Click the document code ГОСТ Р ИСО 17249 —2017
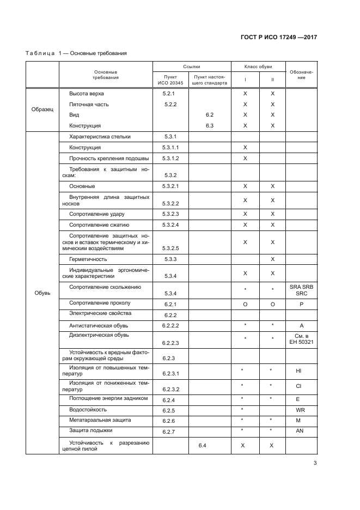tap(279, 38)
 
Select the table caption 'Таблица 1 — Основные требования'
tap(77, 53)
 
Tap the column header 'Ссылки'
tap(191, 66)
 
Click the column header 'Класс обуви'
tap(258, 66)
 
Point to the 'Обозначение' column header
tap(301, 75)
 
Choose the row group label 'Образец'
tap(42, 110)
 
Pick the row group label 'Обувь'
tap(42, 293)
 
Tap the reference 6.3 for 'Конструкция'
tap(210, 125)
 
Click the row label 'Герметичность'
tap(88, 259)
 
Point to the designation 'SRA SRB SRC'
tap(301, 290)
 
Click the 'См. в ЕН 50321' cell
tap(301, 338)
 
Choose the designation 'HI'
tap(298, 371)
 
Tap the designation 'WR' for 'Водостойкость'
tap(300, 410)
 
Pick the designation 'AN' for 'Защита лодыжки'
tap(300, 430)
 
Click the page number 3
tap(315, 464)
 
